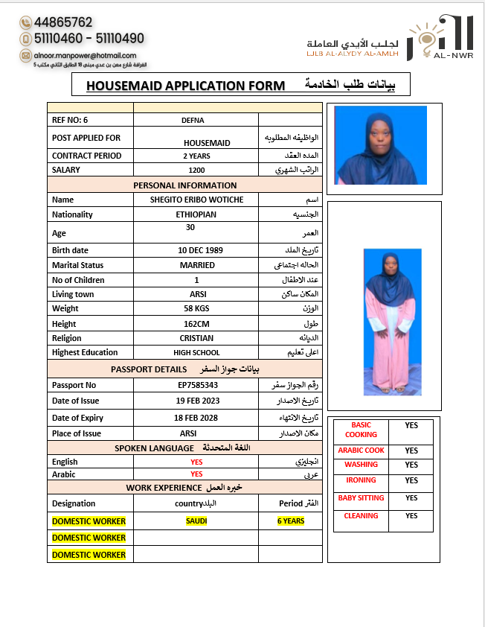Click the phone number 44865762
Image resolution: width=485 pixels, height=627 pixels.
63,22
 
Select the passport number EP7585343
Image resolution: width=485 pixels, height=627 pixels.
197,385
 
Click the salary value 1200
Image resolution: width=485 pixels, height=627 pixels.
196,170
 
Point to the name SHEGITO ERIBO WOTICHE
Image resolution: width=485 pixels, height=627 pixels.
196,200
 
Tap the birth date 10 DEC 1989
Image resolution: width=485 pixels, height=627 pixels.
200,250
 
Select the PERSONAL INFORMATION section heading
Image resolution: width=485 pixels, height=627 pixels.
184,185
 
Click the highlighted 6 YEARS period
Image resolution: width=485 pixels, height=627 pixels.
291,521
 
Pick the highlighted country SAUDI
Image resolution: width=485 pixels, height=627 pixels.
196,521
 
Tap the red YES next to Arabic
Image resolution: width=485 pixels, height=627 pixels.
196,474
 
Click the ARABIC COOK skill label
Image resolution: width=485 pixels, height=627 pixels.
362,451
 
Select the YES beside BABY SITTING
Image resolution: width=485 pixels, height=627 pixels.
411,498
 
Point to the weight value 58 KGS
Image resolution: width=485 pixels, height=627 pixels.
197,308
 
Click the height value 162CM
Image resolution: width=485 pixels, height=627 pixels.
197,324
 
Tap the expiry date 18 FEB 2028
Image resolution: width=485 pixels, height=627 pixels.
196,418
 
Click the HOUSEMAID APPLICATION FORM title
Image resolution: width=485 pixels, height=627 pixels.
185,86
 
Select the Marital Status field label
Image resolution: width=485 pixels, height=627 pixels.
77,265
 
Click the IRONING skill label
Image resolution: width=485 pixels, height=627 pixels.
362,480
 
